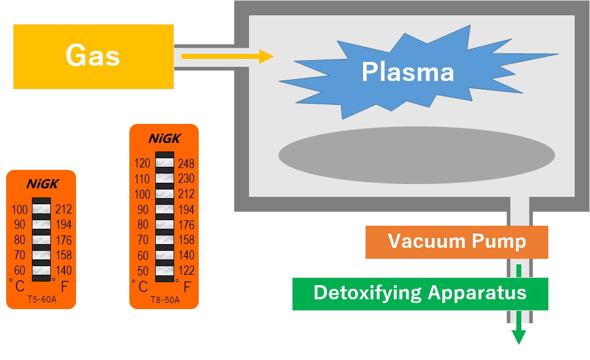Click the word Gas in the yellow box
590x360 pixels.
(93, 56)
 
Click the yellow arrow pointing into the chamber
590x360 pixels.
(227, 56)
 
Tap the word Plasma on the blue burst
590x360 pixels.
(407, 72)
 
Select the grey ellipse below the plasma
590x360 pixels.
(416, 155)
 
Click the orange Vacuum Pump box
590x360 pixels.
(456, 242)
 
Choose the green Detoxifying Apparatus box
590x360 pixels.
(420, 293)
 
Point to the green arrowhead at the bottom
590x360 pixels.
(519, 337)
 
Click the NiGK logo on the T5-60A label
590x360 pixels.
(41, 184)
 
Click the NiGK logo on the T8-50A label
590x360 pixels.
(164, 139)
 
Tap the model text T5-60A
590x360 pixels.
(41, 300)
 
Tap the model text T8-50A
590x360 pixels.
(164, 300)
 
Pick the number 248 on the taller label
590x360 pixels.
(186, 164)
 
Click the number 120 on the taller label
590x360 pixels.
(142, 164)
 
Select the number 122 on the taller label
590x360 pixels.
(186, 271)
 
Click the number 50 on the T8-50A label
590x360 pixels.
(142, 271)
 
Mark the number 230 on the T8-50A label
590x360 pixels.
(186, 179)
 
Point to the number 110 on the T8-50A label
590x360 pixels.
(142, 179)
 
